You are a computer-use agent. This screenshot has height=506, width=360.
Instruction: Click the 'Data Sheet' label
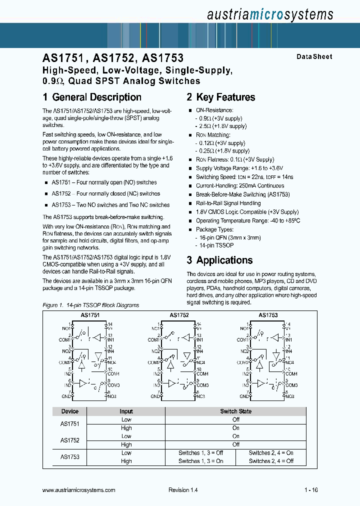tap(314, 57)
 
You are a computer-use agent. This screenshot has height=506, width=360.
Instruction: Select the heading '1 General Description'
tap(92, 97)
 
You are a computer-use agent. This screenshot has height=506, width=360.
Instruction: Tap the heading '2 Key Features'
tap(221, 97)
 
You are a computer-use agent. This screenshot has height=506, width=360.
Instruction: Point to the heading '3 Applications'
tap(219, 260)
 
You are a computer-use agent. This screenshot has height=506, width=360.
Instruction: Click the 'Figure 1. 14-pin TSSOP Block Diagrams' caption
tap(90, 305)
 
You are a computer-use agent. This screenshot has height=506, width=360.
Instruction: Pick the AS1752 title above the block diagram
tap(178, 315)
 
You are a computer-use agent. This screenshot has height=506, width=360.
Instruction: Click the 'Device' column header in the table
tap(70, 411)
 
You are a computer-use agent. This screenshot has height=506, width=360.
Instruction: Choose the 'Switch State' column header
tap(235, 411)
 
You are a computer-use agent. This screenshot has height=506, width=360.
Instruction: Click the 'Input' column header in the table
tap(126, 411)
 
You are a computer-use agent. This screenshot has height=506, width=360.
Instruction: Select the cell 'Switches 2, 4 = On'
tap(271, 453)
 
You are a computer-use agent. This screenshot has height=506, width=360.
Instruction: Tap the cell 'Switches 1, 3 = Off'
tap(200, 453)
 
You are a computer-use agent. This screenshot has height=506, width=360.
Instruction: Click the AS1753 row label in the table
tap(70, 457)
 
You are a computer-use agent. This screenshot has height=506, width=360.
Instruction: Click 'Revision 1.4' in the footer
tap(183, 490)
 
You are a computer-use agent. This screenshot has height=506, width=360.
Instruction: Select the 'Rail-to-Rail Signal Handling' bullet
tap(228, 203)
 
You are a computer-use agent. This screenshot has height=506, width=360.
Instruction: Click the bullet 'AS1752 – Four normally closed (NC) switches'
tap(105, 193)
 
